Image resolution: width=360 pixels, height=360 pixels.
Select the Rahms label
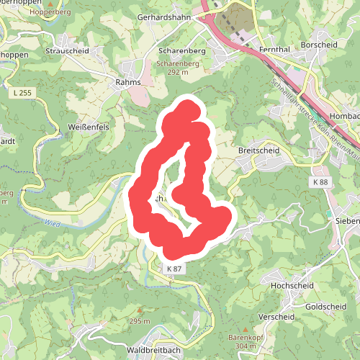pos(127,83)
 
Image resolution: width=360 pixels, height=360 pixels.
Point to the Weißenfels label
pos(87,127)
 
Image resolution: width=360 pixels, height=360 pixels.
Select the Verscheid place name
pos(276,316)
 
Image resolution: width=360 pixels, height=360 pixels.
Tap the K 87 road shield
pos(174,269)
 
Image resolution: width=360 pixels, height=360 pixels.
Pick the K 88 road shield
pos(320,183)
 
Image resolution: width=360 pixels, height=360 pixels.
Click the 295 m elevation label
pos(140,321)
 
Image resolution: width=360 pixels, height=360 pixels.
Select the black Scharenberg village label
pos(181,52)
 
